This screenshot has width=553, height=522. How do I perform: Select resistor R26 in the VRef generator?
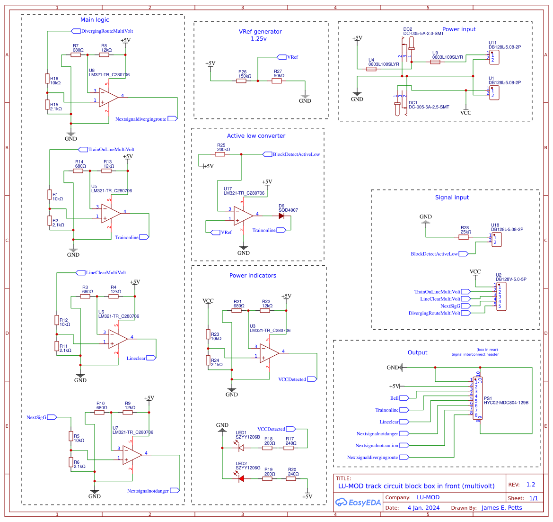[x=241, y=81]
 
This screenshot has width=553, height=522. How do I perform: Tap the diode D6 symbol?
[x=281, y=216]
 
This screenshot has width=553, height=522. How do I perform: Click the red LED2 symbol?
[x=241, y=478]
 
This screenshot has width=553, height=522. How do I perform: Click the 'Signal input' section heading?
[x=452, y=198]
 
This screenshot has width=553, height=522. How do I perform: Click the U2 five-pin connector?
[x=501, y=297]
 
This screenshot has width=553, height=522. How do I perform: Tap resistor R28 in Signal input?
[x=464, y=237]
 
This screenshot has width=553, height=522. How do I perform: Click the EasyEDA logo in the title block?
[x=358, y=503]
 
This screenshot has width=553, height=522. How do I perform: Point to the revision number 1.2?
[x=531, y=485]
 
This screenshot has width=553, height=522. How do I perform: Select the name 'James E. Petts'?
[x=501, y=508]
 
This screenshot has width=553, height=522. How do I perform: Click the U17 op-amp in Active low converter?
[x=243, y=216]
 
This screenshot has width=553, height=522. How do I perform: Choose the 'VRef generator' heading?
[x=260, y=32]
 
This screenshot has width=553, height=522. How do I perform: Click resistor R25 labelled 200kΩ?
[x=220, y=154]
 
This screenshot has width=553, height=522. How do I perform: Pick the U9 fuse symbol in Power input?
[x=435, y=62]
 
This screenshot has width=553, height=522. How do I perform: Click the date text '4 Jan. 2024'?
[x=423, y=508]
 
